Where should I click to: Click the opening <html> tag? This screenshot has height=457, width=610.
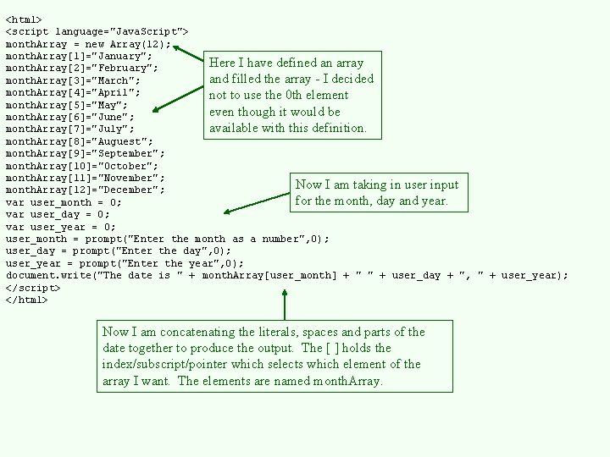coord(24,19)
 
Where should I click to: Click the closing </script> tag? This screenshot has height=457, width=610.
coord(33,288)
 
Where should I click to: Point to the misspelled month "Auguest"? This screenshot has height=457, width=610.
coord(125,140)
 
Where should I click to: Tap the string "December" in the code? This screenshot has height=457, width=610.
coord(130,190)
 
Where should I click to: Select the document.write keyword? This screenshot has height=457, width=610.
coord(51,275)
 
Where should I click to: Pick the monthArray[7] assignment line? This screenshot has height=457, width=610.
coord(69,129)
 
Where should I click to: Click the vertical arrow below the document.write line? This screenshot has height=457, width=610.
coord(285,305)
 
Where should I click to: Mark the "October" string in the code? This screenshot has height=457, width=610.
coord(128,165)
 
